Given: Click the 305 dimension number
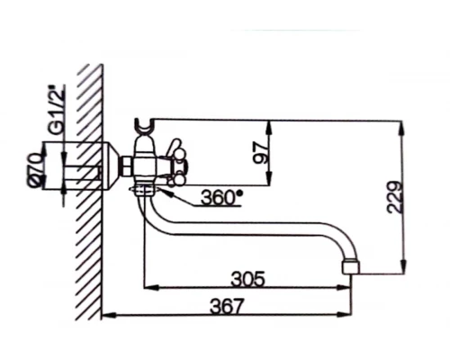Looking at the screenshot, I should (247, 279).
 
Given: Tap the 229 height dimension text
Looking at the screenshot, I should (394, 195).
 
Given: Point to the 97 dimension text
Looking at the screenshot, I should (261, 152).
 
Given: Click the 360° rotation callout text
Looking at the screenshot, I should (220, 196).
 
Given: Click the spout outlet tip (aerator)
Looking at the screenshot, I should (352, 265).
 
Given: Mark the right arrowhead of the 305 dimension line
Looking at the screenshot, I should (347, 288).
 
